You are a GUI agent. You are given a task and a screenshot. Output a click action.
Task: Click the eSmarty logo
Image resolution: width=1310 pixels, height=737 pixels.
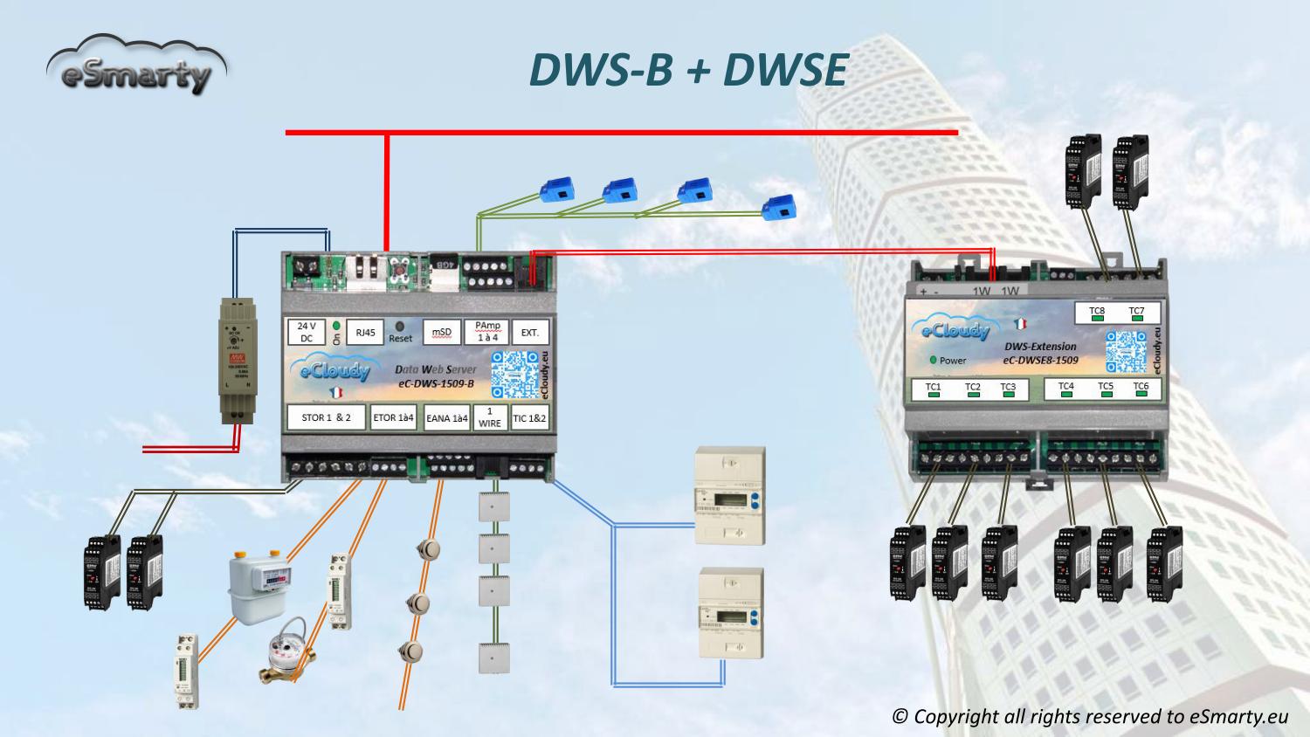135,66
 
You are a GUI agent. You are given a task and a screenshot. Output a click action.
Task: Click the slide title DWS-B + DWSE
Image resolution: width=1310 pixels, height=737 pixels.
688,70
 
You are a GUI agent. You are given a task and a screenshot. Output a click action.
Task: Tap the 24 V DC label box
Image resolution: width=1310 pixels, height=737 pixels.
307,332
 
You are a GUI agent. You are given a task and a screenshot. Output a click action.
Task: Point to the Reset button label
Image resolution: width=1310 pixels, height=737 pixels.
400,338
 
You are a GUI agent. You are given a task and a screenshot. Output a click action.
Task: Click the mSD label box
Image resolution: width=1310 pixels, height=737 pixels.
442,332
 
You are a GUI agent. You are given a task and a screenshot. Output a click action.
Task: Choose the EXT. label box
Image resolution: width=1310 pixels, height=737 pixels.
530,332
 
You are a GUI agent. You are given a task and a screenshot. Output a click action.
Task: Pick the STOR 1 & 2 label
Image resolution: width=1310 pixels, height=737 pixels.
327,417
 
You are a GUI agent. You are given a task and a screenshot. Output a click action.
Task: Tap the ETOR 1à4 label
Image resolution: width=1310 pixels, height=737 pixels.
394,417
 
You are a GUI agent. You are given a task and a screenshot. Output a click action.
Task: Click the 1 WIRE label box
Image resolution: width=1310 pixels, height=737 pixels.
490,417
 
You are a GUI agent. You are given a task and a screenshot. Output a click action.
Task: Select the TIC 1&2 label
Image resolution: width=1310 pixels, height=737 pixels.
529,417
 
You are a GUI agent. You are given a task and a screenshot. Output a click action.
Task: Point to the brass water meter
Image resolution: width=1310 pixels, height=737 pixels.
287,660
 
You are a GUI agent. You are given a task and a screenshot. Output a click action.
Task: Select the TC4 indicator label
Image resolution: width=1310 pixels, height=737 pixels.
1066,387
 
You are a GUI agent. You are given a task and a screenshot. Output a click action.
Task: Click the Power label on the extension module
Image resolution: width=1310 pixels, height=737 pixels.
953,360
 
